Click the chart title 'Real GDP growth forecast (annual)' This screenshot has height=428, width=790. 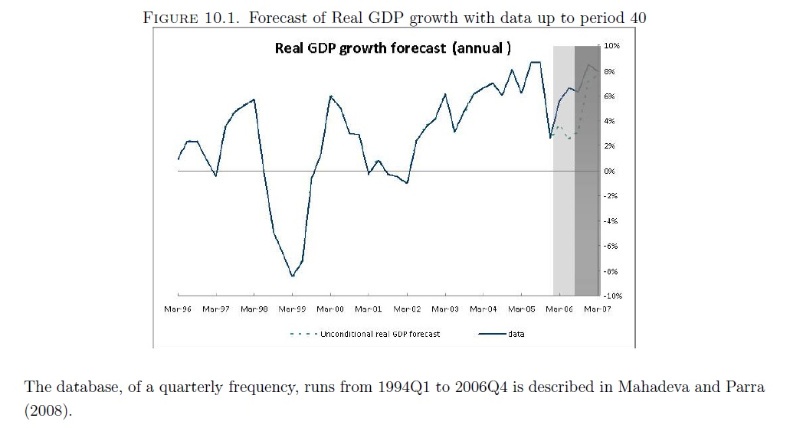391,49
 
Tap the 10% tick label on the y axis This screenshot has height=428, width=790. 611,47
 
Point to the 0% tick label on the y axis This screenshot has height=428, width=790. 610,172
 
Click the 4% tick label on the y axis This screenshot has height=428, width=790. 610,122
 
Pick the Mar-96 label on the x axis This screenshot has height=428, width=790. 178,309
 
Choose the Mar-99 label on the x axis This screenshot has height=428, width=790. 292,309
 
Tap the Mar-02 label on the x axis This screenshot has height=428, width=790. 407,309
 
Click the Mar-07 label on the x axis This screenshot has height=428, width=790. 597,309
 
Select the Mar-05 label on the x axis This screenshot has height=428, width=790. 521,309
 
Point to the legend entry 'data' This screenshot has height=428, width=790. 516,334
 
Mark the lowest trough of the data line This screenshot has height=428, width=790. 292,276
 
